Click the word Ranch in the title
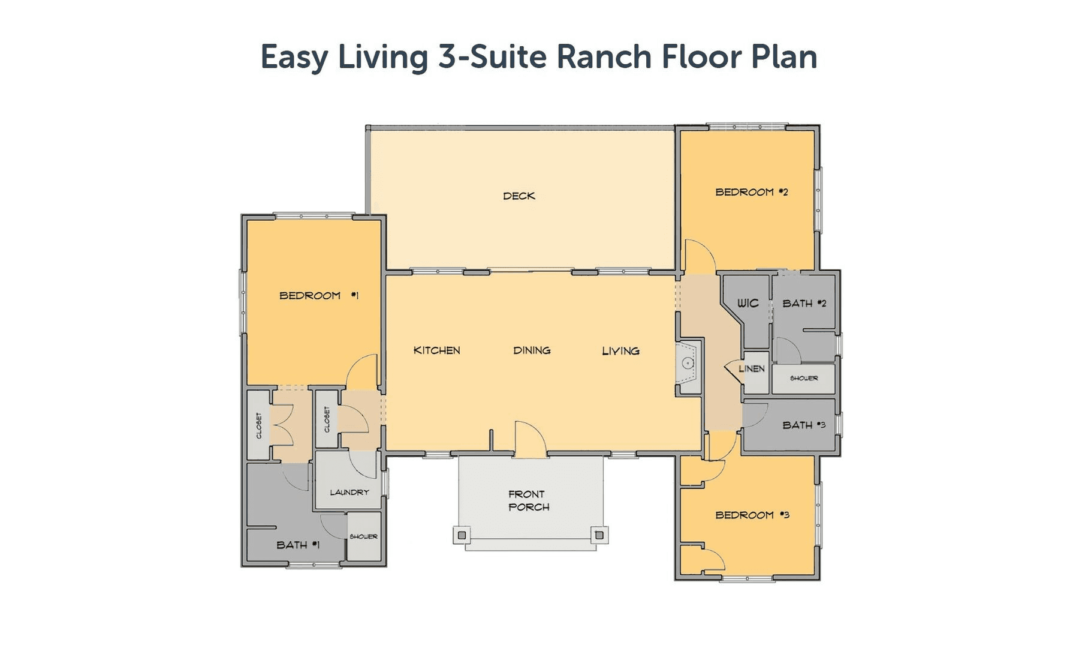[x=604, y=57]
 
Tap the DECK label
[x=519, y=196]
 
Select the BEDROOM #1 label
[x=319, y=295]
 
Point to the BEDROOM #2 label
[x=752, y=192]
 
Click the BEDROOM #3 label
[x=752, y=515]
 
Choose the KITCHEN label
[x=437, y=350]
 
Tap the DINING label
[x=532, y=350]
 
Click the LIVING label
[x=620, y=351]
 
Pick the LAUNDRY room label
[x=349, y=492]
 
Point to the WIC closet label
[x=748, y=303]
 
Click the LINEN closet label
[x=752, y=368]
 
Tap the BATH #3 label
[x=804, y=425]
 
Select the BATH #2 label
[x=804, y=304]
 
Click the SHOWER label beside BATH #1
[x=363, y=536]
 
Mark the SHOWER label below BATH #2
[x=804, y=378]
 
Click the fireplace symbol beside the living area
[x=688, y=363]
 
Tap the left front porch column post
[x=462, y=535]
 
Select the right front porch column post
[x=599, y=535]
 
